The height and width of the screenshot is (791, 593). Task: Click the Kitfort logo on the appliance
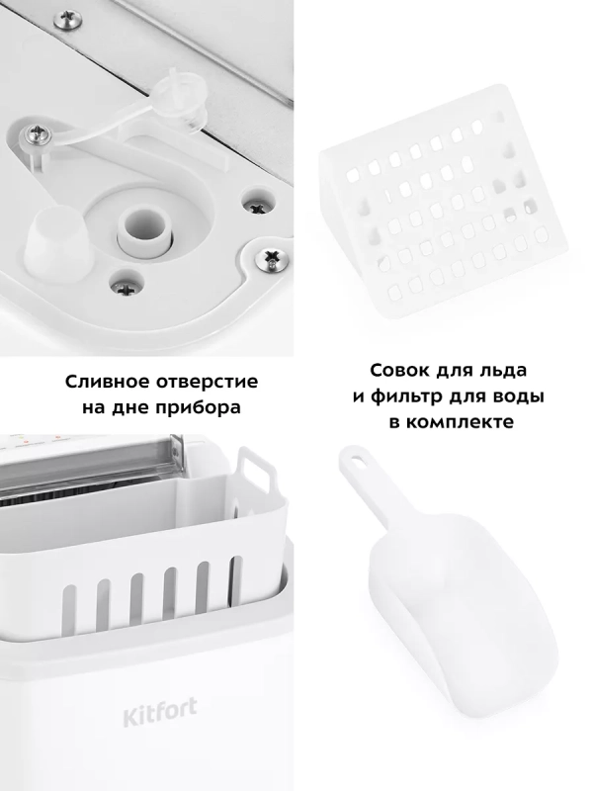(160, 712)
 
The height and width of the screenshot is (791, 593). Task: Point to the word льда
(503, 371)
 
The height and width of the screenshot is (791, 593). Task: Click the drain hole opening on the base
(142, 224)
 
